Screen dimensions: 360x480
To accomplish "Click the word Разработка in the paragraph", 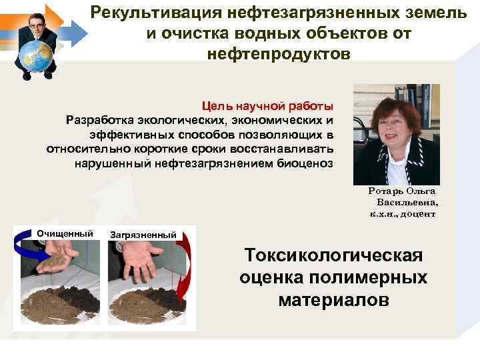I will click(99, 120).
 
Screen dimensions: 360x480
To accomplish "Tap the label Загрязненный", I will click(143, 235).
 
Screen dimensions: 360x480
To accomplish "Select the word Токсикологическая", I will click(333, 256).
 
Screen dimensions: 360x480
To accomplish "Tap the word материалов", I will click(333, 300).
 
